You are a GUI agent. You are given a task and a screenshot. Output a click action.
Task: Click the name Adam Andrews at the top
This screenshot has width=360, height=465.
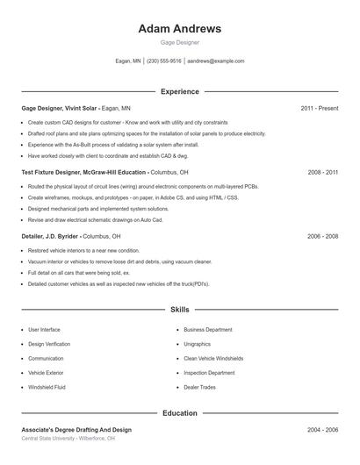pos(179,28)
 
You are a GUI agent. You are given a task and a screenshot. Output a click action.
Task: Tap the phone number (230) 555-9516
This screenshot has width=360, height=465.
pos(164,61)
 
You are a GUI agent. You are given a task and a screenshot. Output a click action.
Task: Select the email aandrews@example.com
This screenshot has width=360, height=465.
pos(216,61)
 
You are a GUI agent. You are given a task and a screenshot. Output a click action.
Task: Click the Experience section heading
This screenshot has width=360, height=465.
pos(179,91)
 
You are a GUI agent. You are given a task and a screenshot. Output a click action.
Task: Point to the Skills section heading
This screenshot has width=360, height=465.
pos(179,310)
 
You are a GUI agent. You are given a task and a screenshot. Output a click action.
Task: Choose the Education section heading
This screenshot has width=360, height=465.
pos(179,412)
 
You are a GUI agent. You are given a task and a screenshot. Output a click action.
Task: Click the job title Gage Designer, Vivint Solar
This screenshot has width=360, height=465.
pos(60,108)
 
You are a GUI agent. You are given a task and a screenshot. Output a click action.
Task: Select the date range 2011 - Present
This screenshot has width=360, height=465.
pos(319,108)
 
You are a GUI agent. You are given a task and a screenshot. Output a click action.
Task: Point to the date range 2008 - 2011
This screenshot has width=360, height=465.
pos(322,173)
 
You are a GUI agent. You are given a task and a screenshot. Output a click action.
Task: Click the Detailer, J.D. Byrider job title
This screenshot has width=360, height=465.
pos(51,237)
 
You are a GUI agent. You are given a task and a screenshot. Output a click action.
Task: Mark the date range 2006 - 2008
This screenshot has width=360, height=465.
pos(322,237)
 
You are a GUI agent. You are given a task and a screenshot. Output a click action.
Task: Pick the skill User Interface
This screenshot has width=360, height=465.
pos(44,330)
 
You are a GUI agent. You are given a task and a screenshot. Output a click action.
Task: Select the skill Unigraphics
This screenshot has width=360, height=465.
pos(197,344)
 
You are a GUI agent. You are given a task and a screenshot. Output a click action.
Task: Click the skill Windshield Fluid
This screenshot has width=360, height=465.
pos(47,387)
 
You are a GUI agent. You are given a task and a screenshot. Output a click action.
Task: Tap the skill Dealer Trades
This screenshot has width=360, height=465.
pos(199,387)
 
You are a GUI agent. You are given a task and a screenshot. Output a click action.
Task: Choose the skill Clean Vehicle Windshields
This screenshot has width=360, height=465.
pos(213,358)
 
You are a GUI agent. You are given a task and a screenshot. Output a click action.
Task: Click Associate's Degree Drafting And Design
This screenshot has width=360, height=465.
pos(76,430)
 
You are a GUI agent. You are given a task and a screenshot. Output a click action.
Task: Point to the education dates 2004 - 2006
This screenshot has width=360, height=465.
pos(322,430)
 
